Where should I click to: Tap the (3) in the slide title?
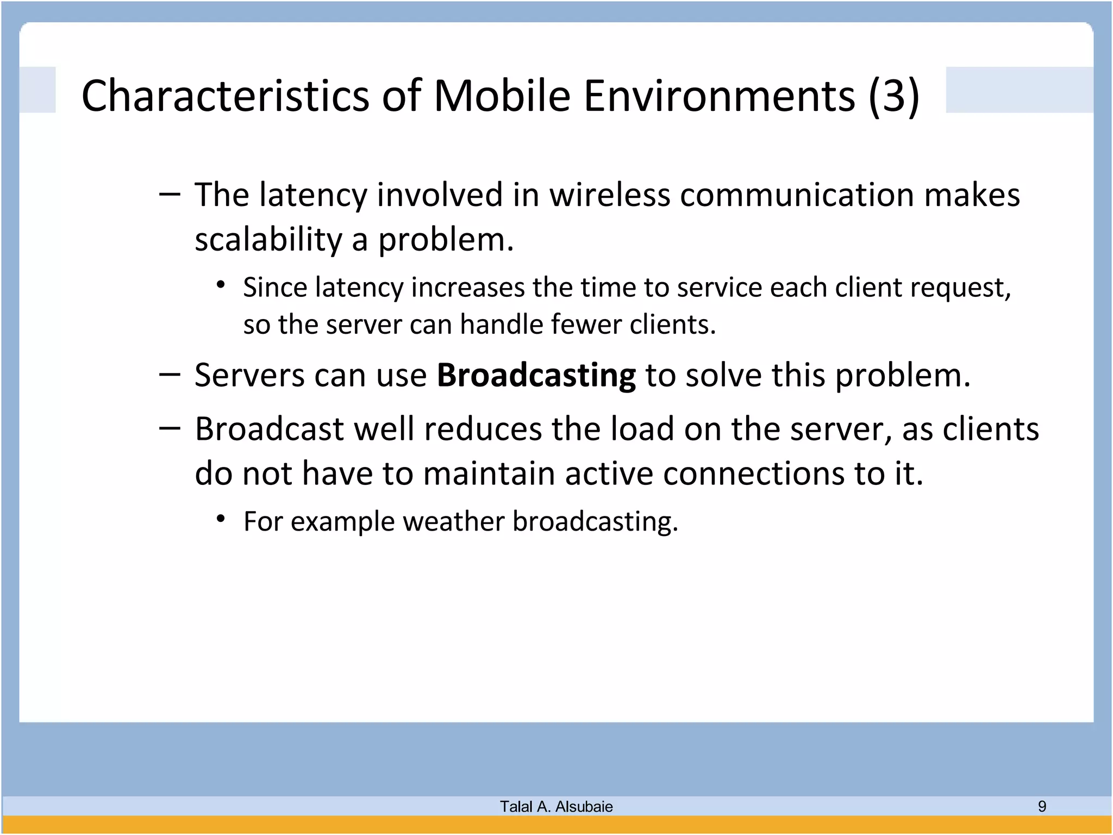(x=893, y=96)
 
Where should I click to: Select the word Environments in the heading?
(x=719, y=96)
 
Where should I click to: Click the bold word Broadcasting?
(x=536, y=375)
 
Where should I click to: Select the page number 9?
(x=1042, y=806)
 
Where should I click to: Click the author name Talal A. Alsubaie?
(x=556, y=807)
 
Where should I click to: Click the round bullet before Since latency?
(x=220, y=285)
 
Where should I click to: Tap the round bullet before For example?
(x=220, y=519)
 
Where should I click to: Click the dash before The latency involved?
(x=170, y=194)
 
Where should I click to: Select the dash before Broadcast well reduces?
(x=170, y=428)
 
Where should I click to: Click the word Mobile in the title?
(x=502, y=96)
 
